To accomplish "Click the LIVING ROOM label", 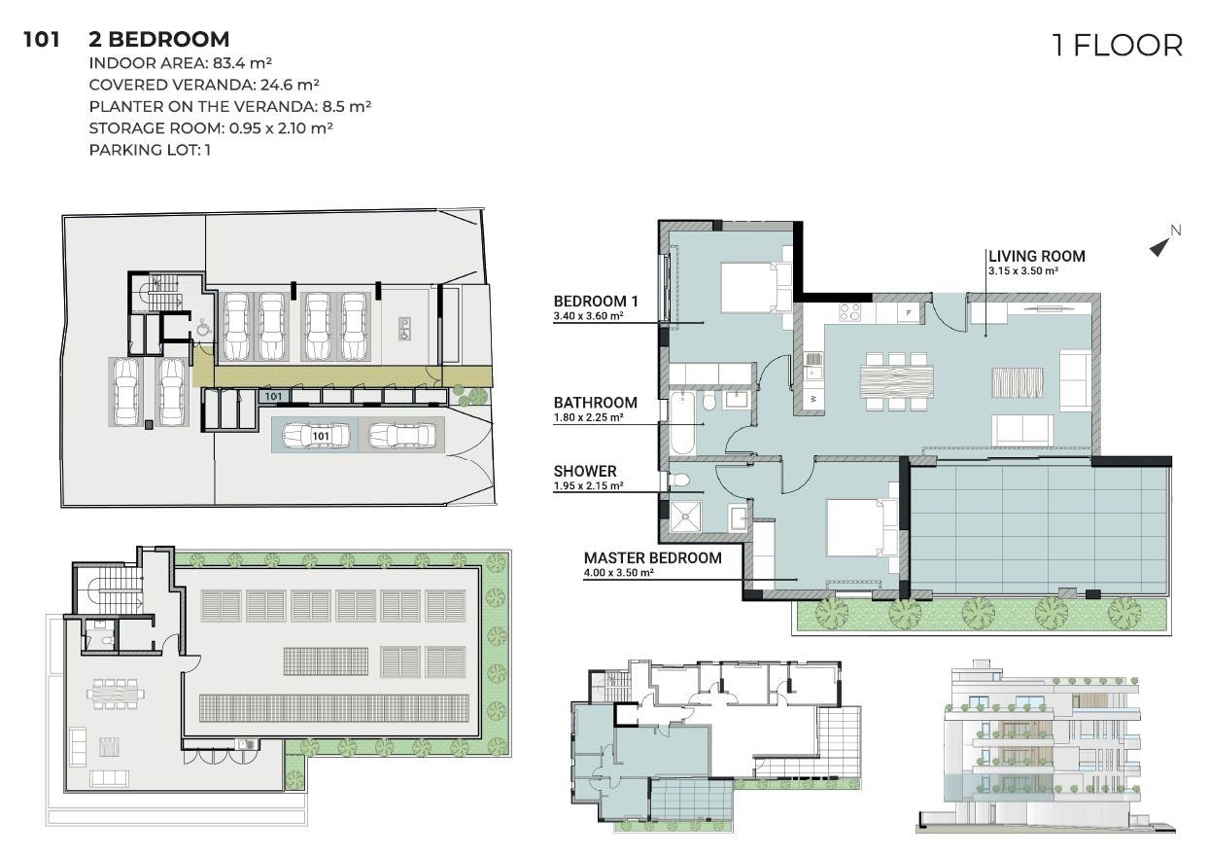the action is pyautogui.click(x=1036, y=256).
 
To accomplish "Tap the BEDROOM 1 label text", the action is pyautogui.click(x=596, y=301).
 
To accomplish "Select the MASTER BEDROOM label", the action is pyautogui.click(x=652, y=557).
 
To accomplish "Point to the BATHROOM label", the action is pyautogui.click(x=596, y=403).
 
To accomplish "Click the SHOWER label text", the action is pyautogui.click(x=585, y=471).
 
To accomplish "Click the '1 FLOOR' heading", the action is pyautogui.click(x=1118, y=46).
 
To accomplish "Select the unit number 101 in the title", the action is pyautogui.click(x=42, y=40).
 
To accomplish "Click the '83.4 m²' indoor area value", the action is pyautogui.click(x=242, y=63).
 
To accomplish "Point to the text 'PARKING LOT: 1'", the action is pyautogui.click(x=150, y=150).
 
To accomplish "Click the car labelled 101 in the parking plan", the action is pyautogui.click(x=316, y=436).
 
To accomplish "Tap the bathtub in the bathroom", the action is pyautogui.click(x=683, y=423).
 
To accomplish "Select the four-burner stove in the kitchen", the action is pyautogui.click(x=850, y=312).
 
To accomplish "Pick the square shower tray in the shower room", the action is pyautogui.click(x=685, y=517).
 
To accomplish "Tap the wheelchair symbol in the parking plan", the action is pyautogui.click(x=203, y=327).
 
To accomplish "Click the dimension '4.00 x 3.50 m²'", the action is pyautogui.click(x=619, y=573).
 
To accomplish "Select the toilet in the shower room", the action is pyautogui.click(x=679, y=480).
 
